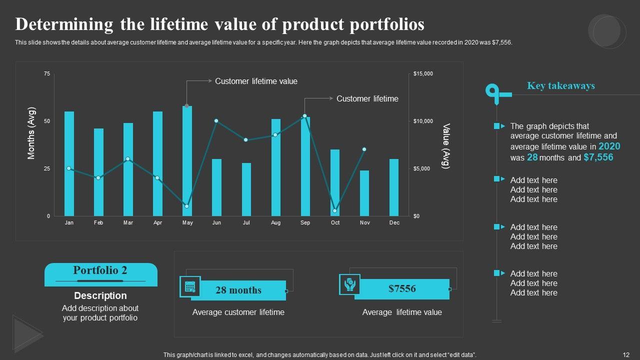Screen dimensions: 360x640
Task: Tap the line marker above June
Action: point(216,121)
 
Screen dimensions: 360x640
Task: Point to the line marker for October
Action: point(335,211)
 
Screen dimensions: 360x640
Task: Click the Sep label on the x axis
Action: point(305,223)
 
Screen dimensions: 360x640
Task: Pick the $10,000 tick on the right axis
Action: point(423,121)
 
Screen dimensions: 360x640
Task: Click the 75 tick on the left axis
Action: point(47,74)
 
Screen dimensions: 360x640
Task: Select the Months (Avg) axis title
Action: point(31,133)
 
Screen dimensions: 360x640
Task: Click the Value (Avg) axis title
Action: point(446,146)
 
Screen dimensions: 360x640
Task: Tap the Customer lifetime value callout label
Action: point(256,81)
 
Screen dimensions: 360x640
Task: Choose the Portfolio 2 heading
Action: point(100,270)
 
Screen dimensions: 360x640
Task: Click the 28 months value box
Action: point(238,290)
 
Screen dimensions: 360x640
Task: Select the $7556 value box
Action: point(402,289)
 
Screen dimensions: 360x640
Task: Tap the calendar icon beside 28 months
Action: point(190,286)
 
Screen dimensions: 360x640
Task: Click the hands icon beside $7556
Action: point(349,284)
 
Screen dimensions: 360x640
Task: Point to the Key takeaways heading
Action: point(560,86)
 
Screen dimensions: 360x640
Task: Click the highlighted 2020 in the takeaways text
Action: point(609,146)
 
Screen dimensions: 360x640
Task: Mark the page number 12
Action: point(626,354)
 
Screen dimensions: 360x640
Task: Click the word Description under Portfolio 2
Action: point(100,295)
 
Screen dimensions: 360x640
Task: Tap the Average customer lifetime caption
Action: point(238,312)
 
